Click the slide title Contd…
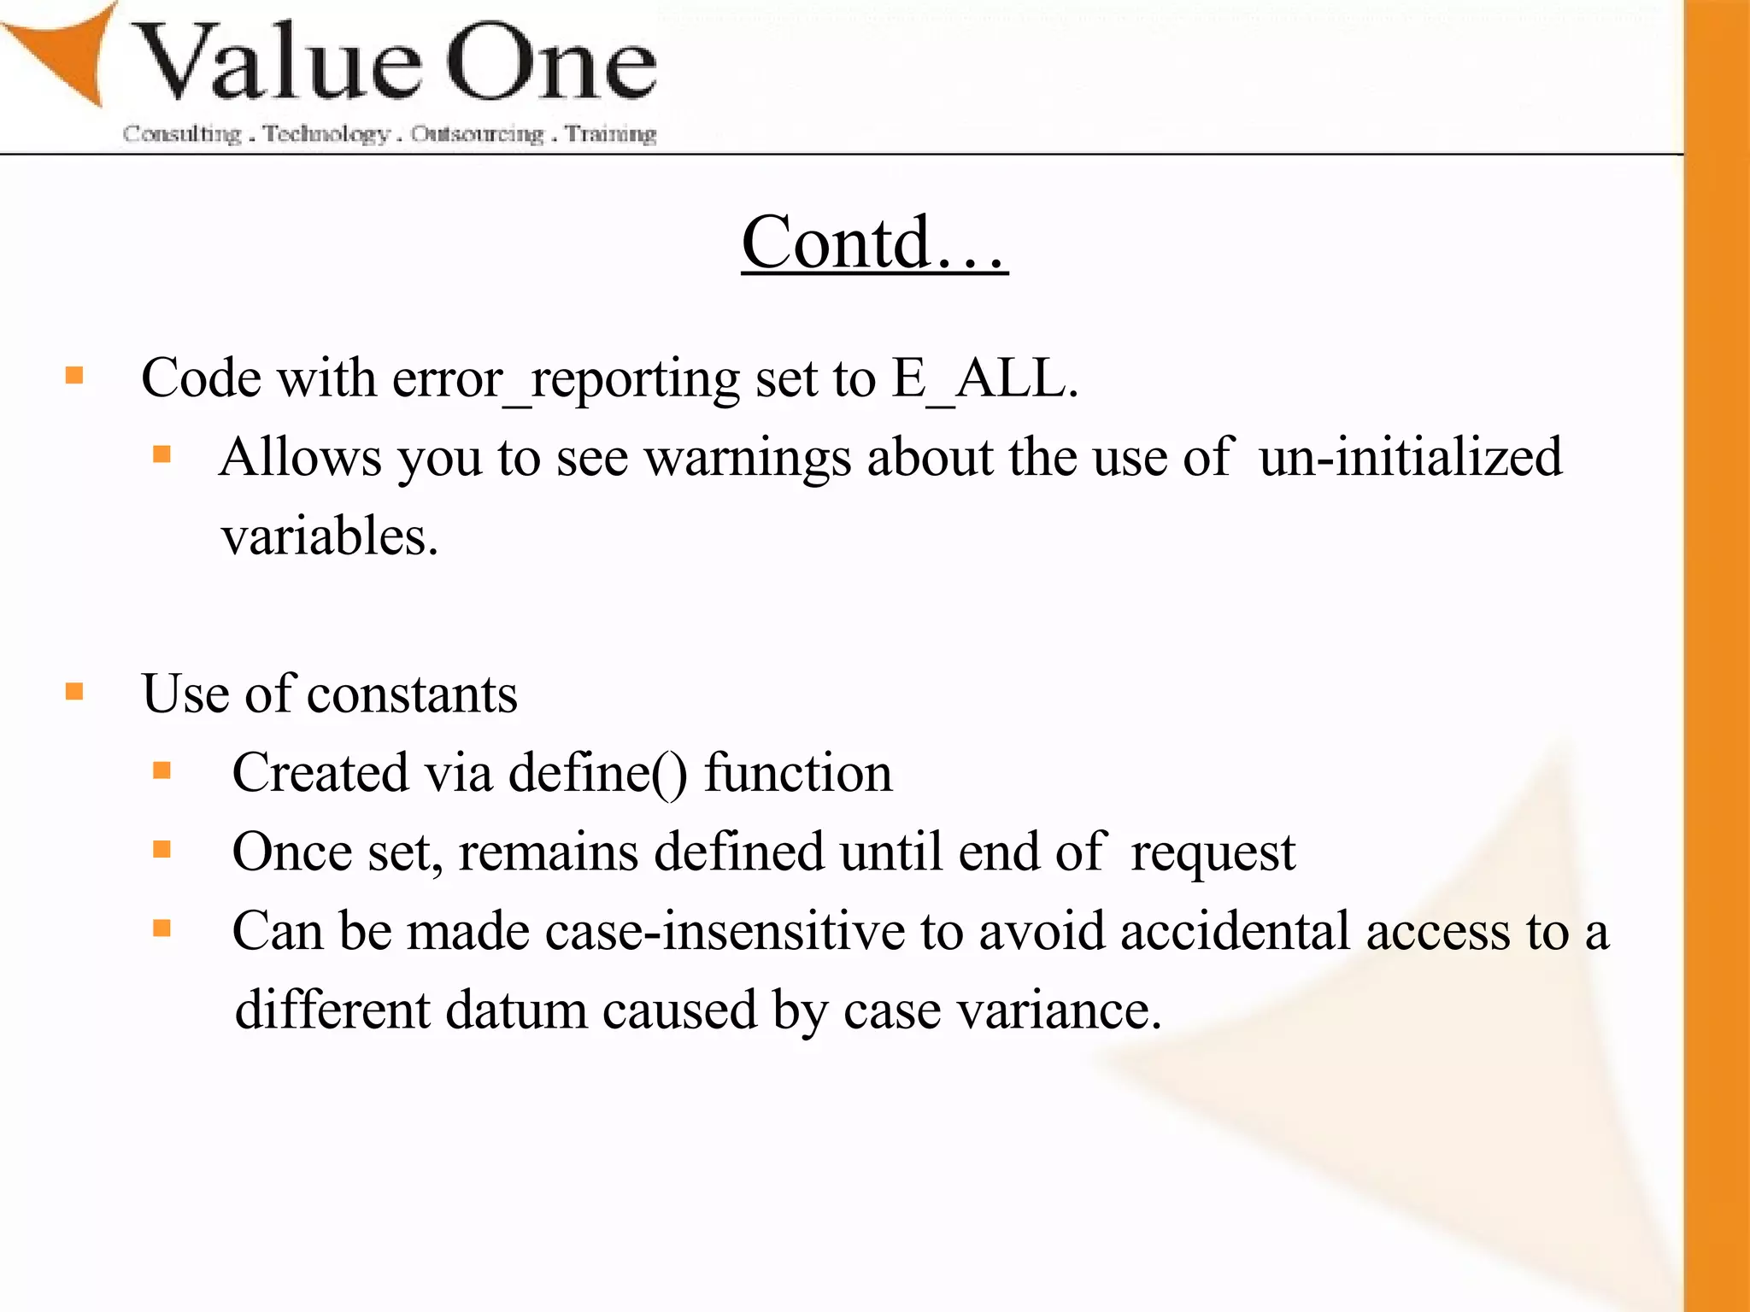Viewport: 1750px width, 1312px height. point(874,243)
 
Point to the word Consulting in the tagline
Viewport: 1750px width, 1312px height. point(182,134)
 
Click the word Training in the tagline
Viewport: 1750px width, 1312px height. point(610,134)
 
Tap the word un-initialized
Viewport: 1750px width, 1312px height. point(1410,457)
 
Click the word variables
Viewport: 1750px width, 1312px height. point(329,536)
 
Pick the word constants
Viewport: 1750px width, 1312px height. point(412,694)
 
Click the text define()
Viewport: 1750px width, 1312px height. point(597,773)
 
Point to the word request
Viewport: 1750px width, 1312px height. point(1213,852)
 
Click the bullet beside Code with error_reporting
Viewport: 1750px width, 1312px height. point(75,375)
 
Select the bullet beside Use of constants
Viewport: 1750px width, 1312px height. point(75,690)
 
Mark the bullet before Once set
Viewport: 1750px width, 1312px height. point(162,849)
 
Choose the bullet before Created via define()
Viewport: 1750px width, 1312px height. point(162,770)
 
